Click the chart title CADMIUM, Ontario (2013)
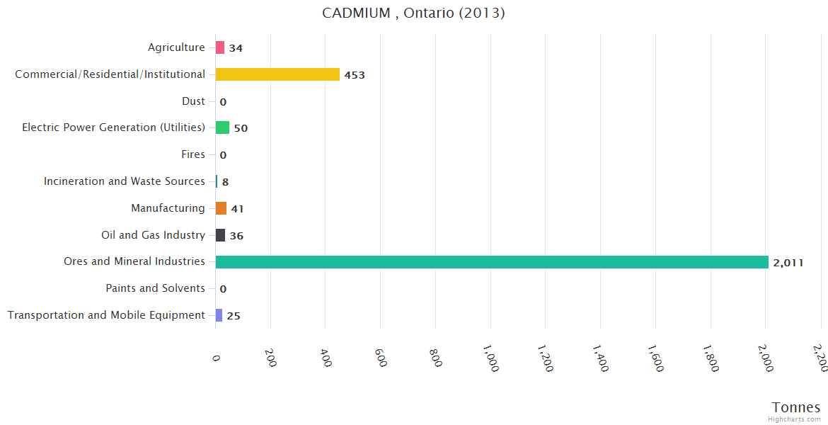click(413, 13)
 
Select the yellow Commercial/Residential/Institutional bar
click(277, 74)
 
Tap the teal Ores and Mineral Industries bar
click(492, 262)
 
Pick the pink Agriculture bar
click(220, 47)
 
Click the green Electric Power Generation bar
click(222, 127)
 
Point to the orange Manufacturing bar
click(221, 208)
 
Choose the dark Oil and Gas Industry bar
click(220, 235)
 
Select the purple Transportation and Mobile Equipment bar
click(219, 315)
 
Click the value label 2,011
click(788, 263)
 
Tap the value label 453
click(355, 75)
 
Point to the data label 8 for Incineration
click(225, 182)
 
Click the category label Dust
click(193, 101)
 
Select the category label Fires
click(193, 154)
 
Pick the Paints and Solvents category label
click(155, 288)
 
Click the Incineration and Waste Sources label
click(125, 181)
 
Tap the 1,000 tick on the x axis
click(489, 358)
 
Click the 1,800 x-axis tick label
click(709, 358)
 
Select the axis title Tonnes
click(795, 407)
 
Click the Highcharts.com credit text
click(795, 419)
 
